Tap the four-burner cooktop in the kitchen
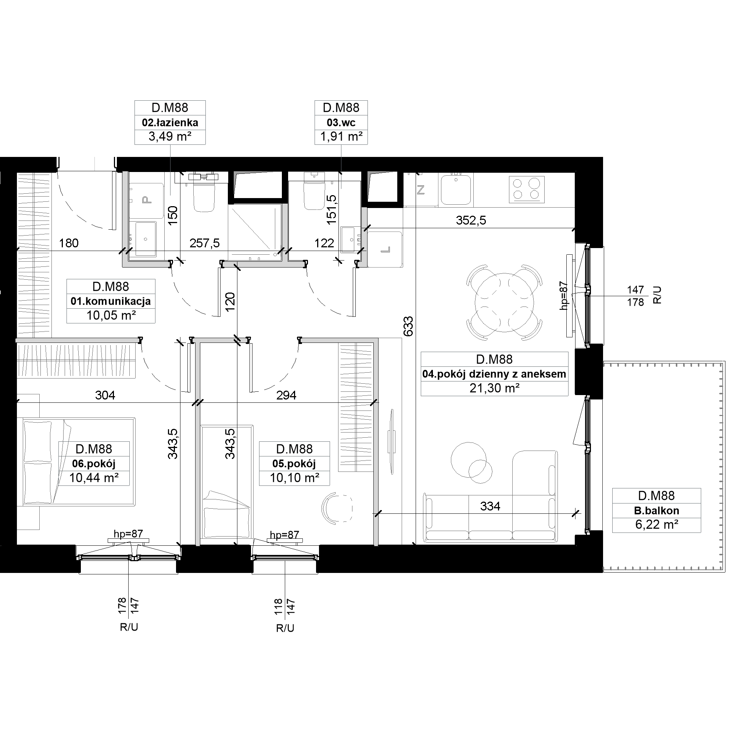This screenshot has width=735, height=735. coord(527,189)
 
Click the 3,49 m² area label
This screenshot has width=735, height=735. coord(170,137)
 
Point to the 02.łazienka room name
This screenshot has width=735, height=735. coord(170,122)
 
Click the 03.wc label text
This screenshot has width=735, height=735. coord(341,122)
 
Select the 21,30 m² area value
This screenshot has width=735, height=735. coord(495,388)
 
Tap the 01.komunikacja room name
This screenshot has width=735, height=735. coord(111,301)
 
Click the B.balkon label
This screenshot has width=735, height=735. coord(657,510)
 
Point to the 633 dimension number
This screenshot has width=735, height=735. coord(408,326)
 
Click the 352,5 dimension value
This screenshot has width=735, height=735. coord(471,220)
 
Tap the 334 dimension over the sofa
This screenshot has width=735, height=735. coord(490,506)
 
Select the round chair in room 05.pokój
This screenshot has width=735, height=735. coord(337,508)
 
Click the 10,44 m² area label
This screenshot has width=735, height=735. coord(94,477)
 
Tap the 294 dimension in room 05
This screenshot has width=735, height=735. coord(286,395)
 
